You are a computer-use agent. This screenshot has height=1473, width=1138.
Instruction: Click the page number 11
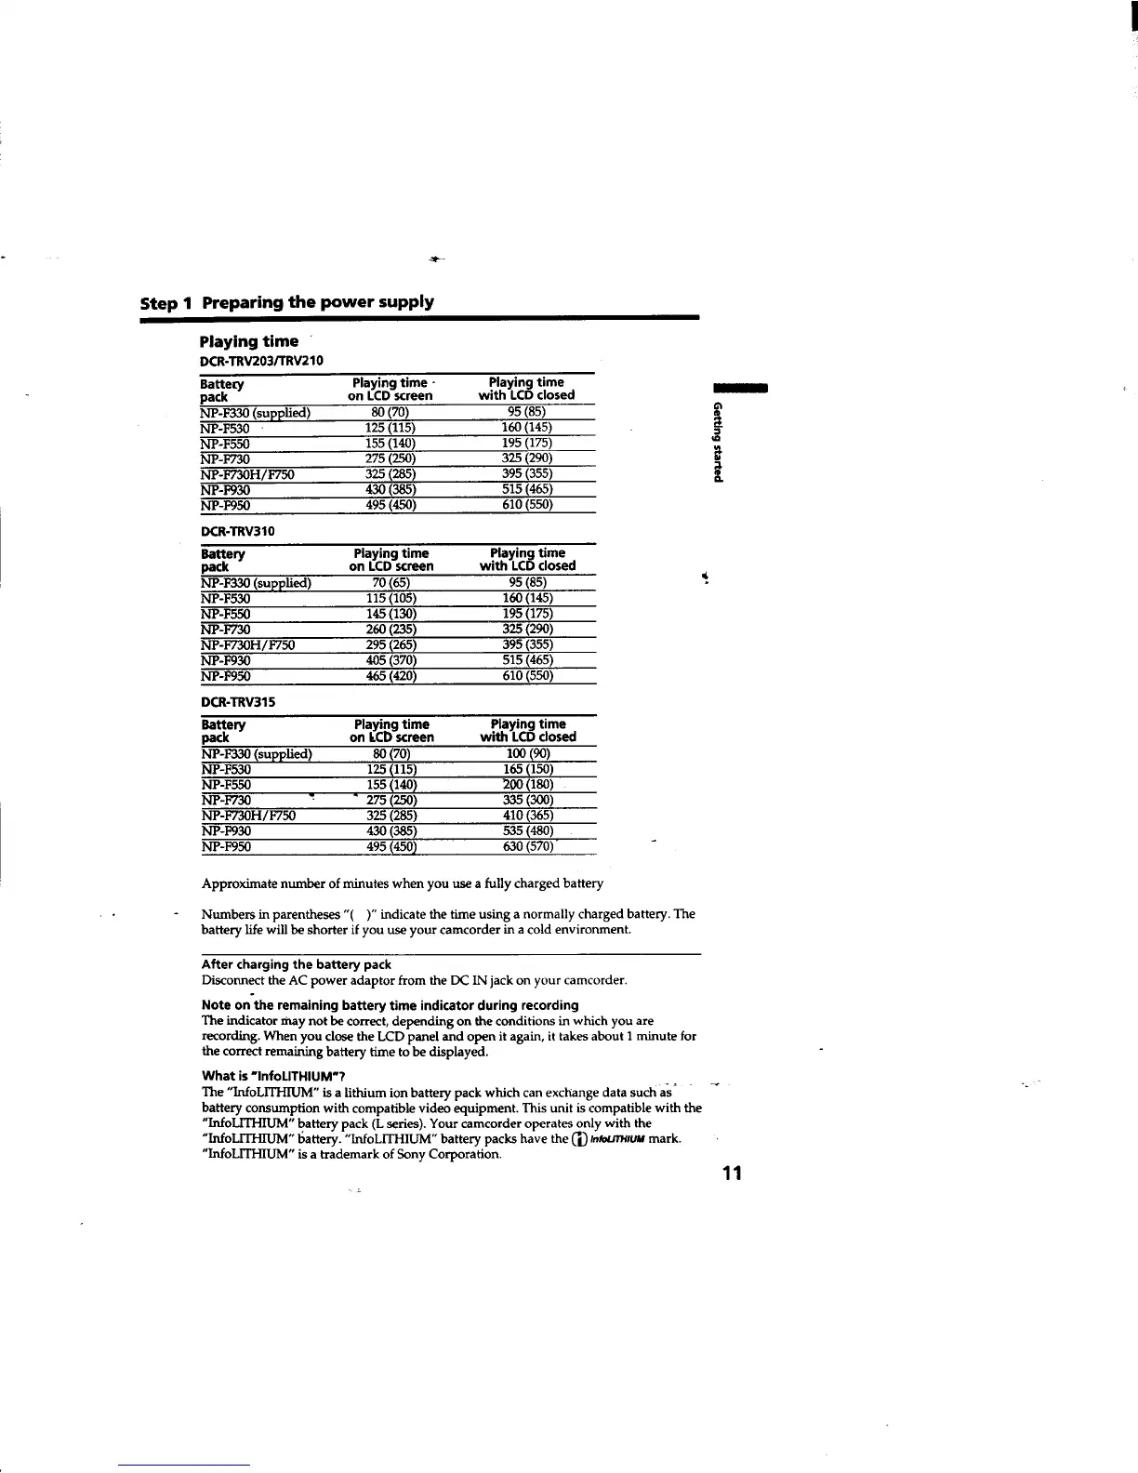tap(732, 1173)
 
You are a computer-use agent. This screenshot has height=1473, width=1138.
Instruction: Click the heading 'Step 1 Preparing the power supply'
tap(286, 302)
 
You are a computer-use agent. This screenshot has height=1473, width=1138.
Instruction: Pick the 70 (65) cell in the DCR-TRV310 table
tap(391, 583)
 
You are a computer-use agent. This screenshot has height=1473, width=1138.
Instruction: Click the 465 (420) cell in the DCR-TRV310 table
tap(391, 676)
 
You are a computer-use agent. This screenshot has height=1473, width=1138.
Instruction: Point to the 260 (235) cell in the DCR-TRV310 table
tap(391, 630)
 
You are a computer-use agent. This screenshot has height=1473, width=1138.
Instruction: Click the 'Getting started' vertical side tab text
tap(717, 443)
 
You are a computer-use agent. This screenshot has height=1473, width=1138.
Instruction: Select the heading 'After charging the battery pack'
tap(296, 964)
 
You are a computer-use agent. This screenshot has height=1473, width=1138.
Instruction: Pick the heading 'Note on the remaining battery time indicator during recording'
tap(390, 1005)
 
